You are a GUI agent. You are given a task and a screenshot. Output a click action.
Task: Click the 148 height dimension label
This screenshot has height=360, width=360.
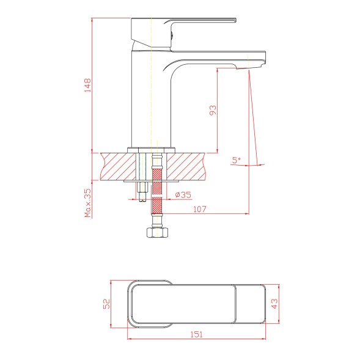[87, 86]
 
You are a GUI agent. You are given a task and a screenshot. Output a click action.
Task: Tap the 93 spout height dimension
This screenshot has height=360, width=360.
[213, 110]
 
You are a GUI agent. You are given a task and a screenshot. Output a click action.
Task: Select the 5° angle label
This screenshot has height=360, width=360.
[237, 160]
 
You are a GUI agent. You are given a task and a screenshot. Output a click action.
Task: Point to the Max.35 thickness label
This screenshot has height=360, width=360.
[87, 203]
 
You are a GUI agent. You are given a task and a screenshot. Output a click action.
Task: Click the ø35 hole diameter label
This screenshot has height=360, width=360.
[183, 195]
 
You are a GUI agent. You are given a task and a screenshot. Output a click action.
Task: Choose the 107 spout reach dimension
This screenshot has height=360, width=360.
[200, 209]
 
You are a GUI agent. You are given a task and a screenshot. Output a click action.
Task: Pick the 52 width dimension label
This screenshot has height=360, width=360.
[106, 304]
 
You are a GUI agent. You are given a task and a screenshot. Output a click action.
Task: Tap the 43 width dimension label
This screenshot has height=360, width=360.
[274, 304]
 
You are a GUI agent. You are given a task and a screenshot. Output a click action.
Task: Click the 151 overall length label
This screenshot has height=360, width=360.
[197, 334]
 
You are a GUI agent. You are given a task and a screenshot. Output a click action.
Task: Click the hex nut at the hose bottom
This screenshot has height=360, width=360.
[157, 232]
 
